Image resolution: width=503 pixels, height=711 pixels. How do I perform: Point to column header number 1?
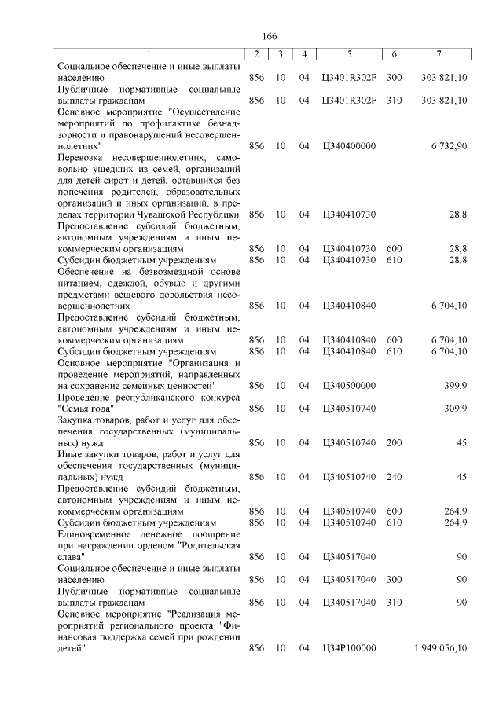(149, 53)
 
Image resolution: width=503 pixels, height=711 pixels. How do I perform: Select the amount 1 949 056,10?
(440, 648)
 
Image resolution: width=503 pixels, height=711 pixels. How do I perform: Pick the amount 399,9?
(456, 386)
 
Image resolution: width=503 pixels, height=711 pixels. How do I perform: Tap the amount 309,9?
(456, 409)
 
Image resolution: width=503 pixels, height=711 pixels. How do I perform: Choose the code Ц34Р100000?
(349, 648)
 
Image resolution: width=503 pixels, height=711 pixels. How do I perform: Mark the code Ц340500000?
(349, 386)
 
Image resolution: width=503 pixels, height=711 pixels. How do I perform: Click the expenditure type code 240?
(395, 477)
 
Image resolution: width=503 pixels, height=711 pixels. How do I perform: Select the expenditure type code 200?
(395, 443)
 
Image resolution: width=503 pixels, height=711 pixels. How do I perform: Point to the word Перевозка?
(86, 158)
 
